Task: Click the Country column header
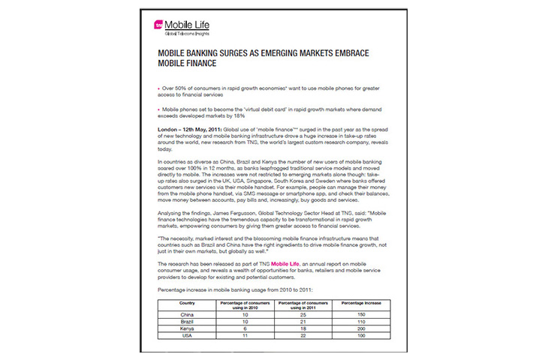[x=188, y=302]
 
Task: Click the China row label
[x=188, y=315]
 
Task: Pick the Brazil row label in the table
[x=188, y=322]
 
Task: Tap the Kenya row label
[x=188, y=328]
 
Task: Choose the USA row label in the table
[x=188, y=335]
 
